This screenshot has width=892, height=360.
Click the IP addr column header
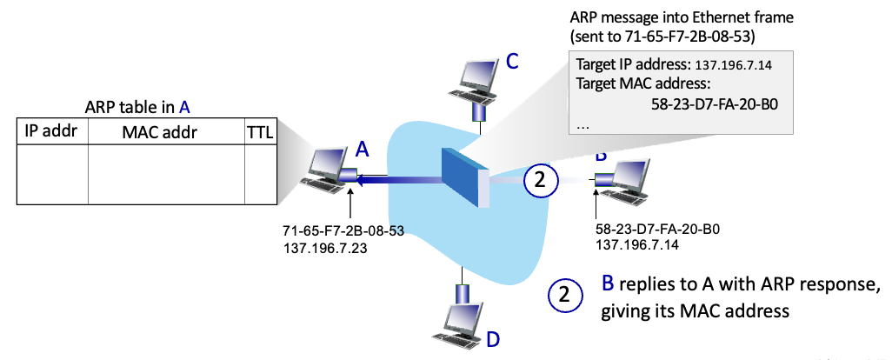pyautogui.click(x=52, y=131)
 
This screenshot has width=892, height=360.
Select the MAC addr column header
pyautogui.click(x=160, y=133)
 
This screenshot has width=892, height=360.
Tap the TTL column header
pyautogui.click(x=259, y=133)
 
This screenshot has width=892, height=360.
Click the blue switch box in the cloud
pyautogui.click(x=465, y=177)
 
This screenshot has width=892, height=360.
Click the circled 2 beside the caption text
pyautogui.click(x=565, y=295)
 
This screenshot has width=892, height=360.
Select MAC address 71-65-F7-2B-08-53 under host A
pyautogui.click(x=343, y=231)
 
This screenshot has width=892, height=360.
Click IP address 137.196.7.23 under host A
pyautogui.click(x=325, y=248)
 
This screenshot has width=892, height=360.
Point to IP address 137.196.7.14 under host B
pyautogui.click(x=638, y=245)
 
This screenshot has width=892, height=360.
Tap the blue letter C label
pyautogui.click(x=512, y=61)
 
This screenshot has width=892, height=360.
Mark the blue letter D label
pyautogui.click(x=493, y=339)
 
